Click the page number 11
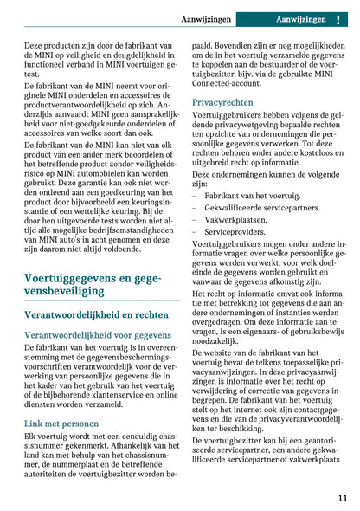(343, 498)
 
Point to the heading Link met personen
(60, 423)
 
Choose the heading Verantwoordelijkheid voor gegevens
(97, 334)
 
